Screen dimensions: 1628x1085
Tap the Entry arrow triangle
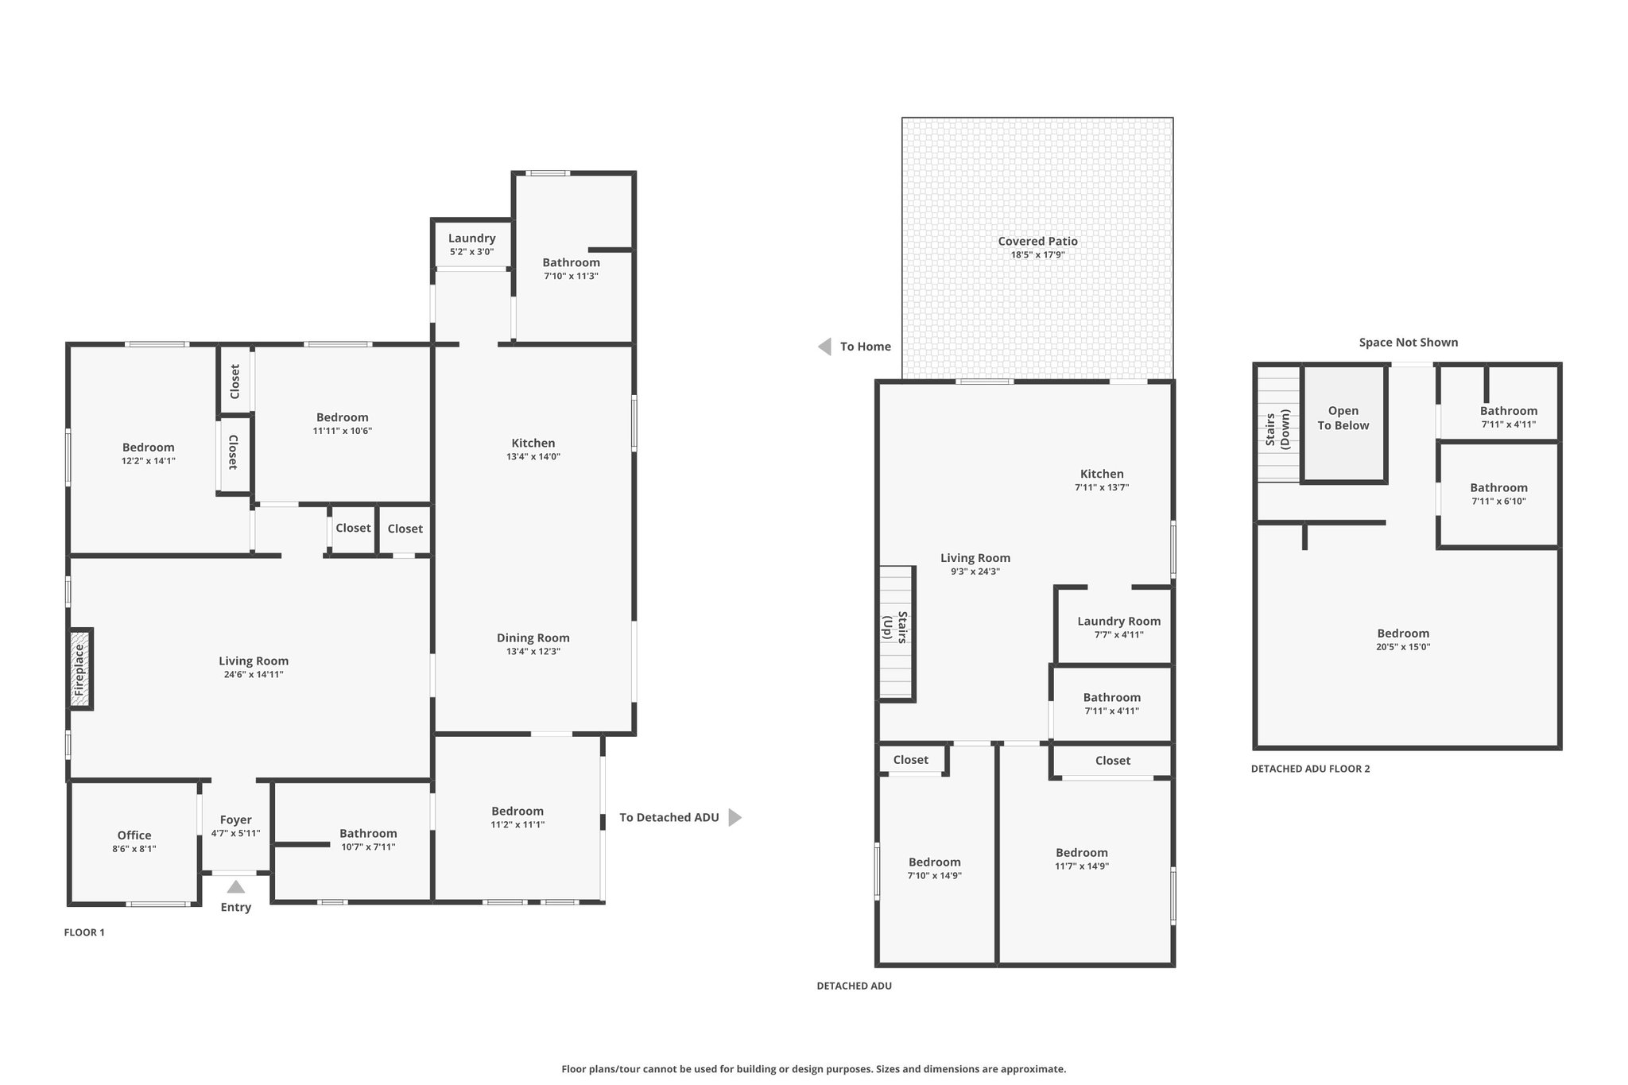[x=236, y=887]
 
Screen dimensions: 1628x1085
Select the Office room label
[x=134, y=835]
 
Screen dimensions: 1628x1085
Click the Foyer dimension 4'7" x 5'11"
[x=236, y=833]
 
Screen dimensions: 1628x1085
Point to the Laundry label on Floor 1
[x=472, y=238]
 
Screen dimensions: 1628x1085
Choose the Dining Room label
[x=533, y=637]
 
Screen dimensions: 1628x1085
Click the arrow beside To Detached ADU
[x=735, y=817]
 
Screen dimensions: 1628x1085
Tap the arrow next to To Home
[x=824, y=347]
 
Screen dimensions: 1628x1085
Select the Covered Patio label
[x=1038, y=241]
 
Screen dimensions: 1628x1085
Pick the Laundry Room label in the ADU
[x=1119, y=622]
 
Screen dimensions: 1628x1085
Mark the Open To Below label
[x=1343, y=418]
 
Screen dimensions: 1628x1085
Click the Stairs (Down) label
[x=1277, y=428]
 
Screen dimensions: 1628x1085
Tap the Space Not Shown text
[x=1409, y=343]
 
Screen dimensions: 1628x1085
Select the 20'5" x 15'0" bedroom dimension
[x=1404, y=647]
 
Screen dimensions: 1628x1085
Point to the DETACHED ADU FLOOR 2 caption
[x=1311, y=769]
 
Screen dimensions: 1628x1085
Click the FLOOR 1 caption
[x=84, y=932]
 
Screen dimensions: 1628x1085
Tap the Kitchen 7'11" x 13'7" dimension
[x=1102, y=487]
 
